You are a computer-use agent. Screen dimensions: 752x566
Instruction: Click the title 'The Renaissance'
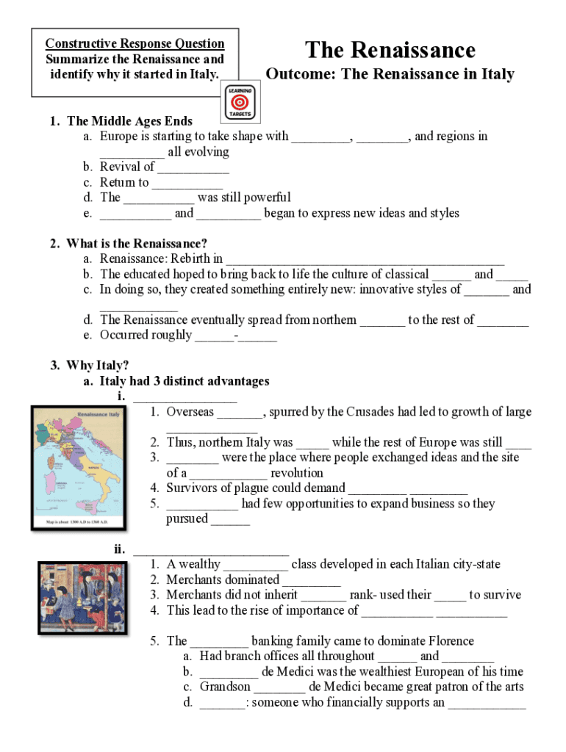tap(390, 50)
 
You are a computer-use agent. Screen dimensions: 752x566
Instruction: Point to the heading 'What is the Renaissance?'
tap(137, 243)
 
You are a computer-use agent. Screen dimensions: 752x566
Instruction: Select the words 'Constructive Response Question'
tap(135, 43)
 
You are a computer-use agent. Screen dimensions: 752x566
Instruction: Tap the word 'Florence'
tap(448, 641)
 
